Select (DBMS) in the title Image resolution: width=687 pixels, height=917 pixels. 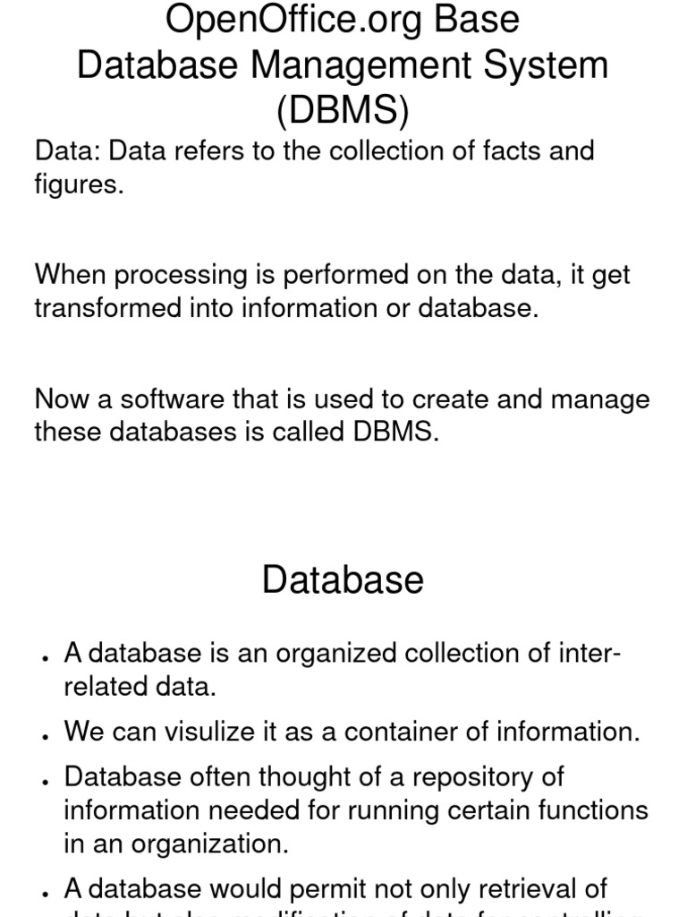point(343,112)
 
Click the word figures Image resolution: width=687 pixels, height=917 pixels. point(79,185)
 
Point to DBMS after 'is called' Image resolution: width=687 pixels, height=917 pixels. point(396,432)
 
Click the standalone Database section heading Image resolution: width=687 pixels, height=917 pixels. point(343,580)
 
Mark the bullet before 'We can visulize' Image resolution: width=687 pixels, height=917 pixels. point(44,735)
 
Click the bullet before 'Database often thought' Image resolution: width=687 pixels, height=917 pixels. point(44,780)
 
